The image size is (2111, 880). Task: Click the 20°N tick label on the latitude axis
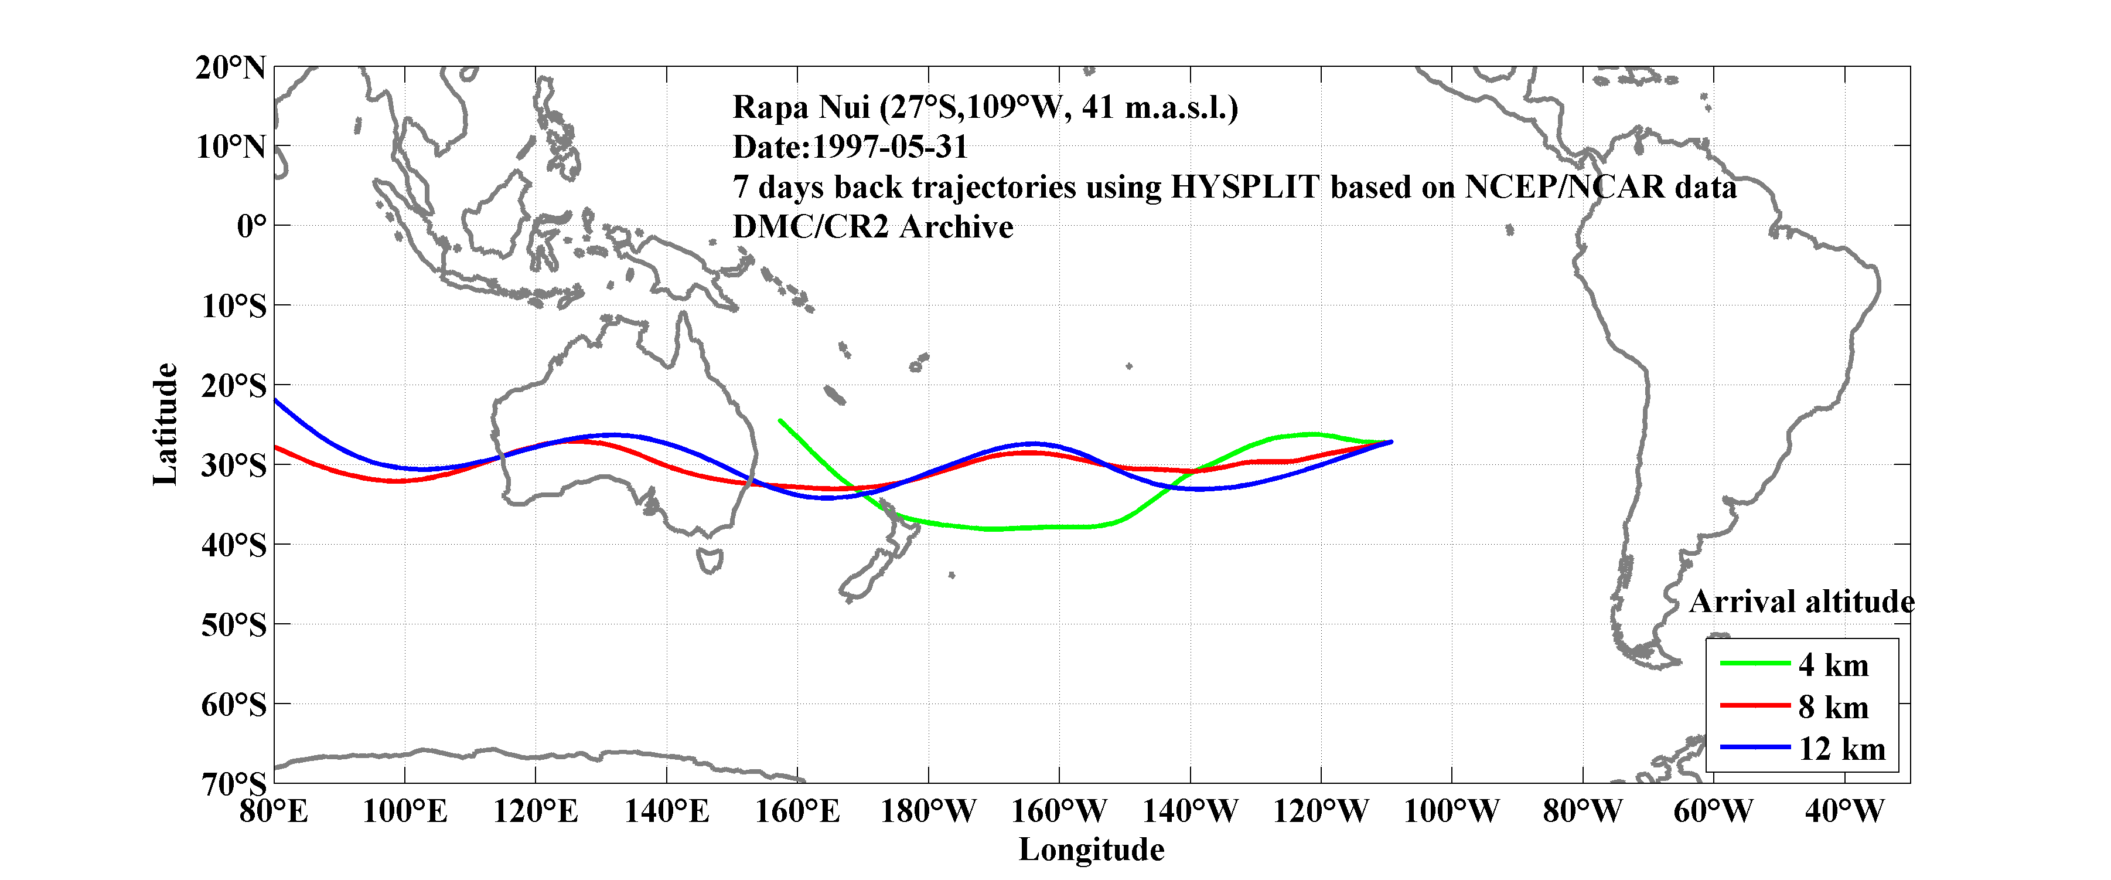tap(230, 68)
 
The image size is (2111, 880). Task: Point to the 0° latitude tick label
tap(251, 226)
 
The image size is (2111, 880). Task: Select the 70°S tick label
tap(234, 784)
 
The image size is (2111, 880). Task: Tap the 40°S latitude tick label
tap(234, 545)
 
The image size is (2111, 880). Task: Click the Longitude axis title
tap(1091, 850)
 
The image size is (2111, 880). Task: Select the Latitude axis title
tap(165, 424)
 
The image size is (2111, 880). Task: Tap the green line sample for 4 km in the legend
tap(1755, 662)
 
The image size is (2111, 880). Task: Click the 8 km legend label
tap(1833, 707)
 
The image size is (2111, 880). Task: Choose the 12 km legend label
tap(1841, 749)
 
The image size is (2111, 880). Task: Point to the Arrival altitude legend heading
tap(1801, 602)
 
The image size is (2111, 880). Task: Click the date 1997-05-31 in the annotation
tap(889, 148)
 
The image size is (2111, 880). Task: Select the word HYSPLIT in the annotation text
tap(1244, 187)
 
